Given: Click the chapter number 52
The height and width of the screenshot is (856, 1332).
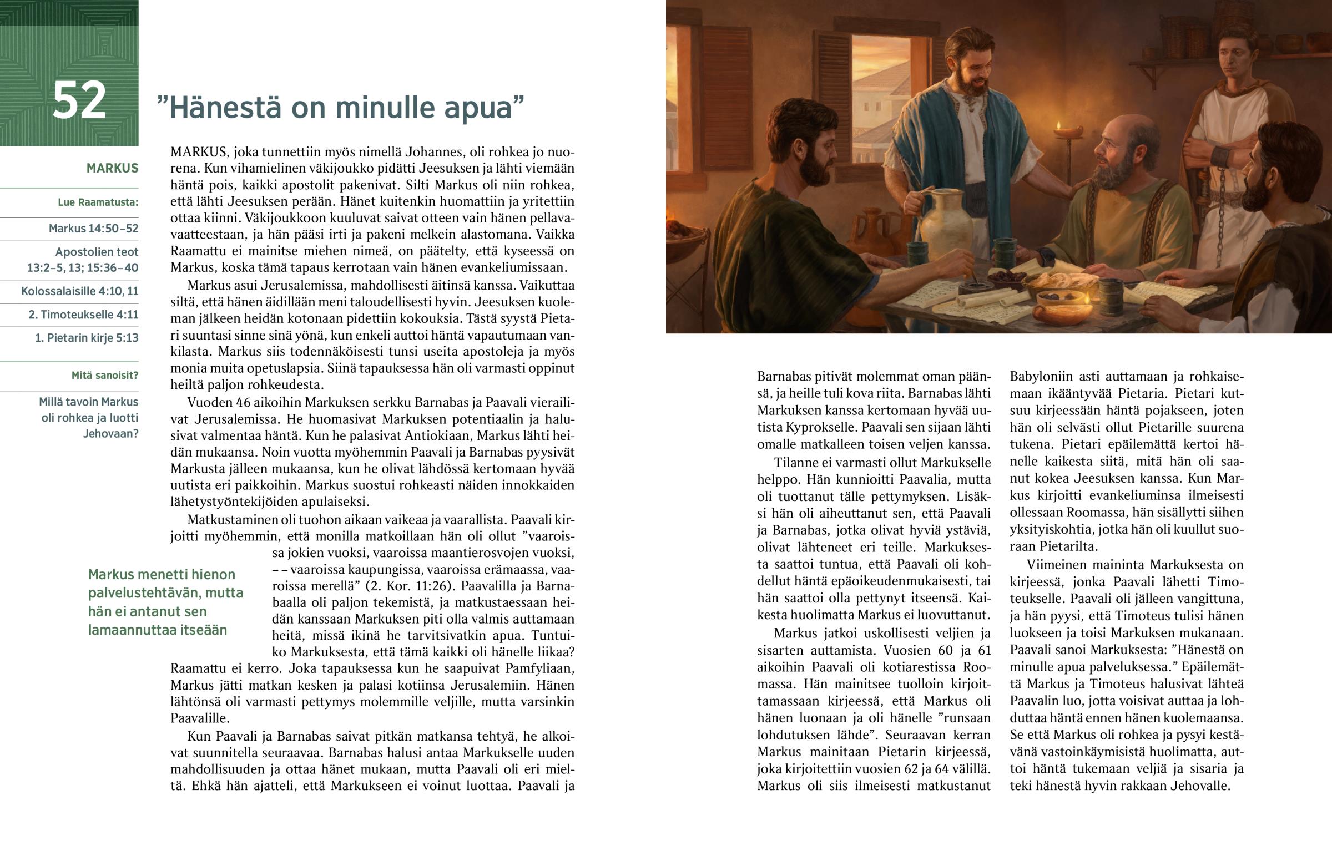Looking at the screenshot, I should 79,100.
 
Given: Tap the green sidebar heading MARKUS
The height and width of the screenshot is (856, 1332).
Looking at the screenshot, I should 112,168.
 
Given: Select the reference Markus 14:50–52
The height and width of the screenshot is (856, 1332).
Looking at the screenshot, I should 93,229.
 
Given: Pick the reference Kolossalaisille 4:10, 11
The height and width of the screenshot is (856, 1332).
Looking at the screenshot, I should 79,291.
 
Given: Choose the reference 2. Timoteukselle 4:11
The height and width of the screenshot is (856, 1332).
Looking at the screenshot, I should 83,315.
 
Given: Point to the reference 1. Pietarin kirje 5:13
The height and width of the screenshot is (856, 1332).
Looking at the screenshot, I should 86,338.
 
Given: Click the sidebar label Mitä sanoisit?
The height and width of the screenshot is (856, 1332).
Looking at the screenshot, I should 104,375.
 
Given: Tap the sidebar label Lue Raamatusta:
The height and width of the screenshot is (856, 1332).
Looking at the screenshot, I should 98,202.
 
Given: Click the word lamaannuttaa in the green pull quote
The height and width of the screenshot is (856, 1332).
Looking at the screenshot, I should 129,630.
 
